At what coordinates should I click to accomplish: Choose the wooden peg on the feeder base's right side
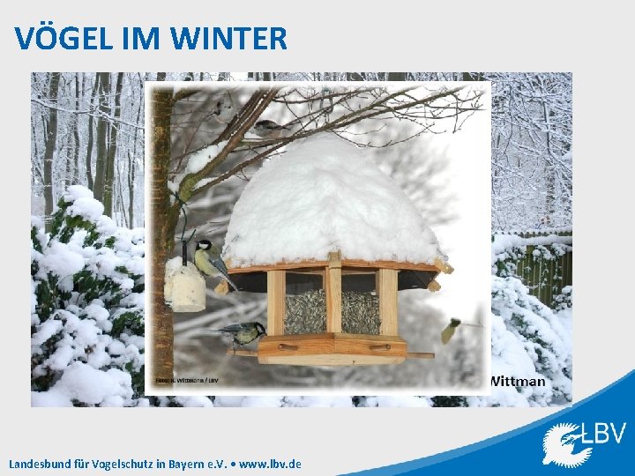[380, 347]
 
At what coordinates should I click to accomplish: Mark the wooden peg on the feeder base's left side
[288, 347]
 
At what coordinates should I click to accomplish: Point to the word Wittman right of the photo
[518, 382]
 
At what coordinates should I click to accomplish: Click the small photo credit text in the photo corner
[187, 380]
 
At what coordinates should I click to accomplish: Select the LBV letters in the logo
[604, 434]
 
